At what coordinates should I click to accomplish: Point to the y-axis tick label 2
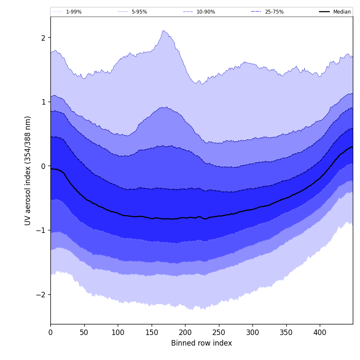(x=43, y=38)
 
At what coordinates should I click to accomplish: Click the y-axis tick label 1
(x=43, y=102)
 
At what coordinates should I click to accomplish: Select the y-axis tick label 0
(x=43, y=166)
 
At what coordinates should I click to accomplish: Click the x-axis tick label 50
(x=84, y=332)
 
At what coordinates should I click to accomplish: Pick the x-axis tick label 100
(x=118, y=332)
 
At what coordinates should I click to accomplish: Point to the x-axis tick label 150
(x=151, y=332)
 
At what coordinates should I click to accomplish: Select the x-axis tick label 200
(x=185, y=332)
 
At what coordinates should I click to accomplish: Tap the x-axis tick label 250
(x=219, y=332)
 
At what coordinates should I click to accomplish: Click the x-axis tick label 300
(x=252, y=332)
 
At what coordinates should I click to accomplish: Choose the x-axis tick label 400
(x=320, y=332)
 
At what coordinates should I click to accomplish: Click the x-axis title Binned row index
(x=202, y=343)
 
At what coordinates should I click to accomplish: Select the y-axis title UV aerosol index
(x=28, y=170)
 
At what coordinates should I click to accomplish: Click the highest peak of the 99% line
(x=164, y=30)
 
